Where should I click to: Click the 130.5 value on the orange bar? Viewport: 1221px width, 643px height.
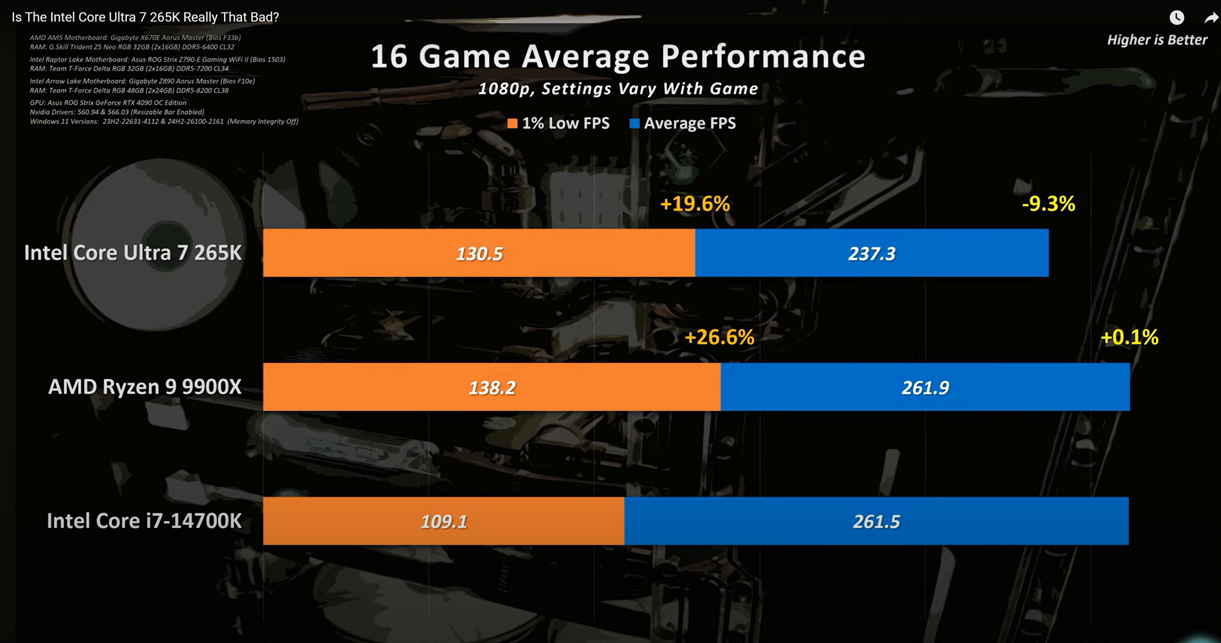(479, 254)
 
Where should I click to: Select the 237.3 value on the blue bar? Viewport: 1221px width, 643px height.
(872, 254)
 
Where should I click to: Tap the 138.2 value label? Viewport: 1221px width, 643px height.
(492, 388)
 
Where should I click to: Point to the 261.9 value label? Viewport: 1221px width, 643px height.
(925, 388)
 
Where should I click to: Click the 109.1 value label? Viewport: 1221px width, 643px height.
(444, 521)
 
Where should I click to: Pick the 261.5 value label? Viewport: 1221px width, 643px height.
(877, 521)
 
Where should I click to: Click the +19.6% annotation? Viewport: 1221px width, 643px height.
(695, 204)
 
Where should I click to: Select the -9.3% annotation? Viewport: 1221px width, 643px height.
(1049, 204)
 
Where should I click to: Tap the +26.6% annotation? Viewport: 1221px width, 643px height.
(720, 337)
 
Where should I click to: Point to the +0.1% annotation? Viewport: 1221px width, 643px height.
(1129, 337)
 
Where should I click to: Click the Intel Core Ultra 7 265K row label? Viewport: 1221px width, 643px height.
(133, 253)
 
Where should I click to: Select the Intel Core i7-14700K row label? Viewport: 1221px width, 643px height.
(144, 521)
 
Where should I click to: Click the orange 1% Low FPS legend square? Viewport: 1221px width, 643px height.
(512, 124)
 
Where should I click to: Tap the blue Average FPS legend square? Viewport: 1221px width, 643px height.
(634, 124)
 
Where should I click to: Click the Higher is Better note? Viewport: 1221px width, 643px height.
(1157, 40)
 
